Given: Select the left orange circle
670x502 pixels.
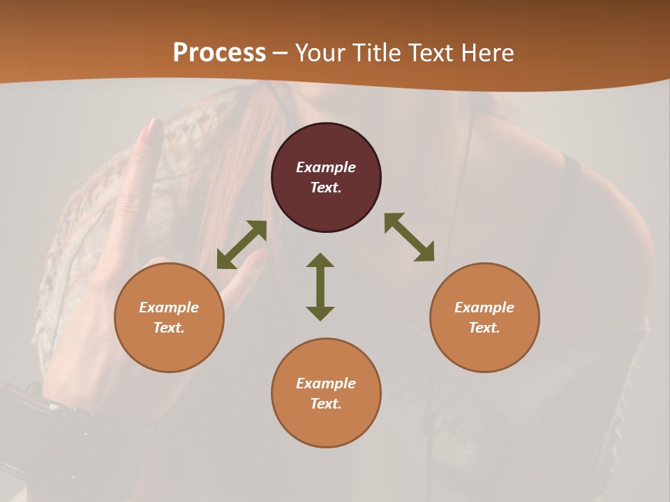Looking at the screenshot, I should (x=169, y=317).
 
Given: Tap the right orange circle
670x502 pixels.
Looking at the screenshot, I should (x=484, y=317).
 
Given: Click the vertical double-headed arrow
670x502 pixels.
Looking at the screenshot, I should (x=320, y=287).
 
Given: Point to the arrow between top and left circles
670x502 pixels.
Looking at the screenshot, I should (x=241, y=245).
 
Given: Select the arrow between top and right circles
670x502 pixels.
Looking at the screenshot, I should (x=409, y=237).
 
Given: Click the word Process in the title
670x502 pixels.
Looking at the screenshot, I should (x=219, y=53).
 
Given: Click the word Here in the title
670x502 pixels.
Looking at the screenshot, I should (x=486, y=53).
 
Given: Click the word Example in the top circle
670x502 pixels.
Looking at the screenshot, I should (x=326, y=167).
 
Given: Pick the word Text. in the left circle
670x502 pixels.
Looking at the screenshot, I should (x=169, y=328).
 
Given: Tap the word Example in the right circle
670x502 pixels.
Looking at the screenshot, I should (x=484, y=307).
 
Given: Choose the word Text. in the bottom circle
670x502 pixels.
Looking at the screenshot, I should (x=326, y=404).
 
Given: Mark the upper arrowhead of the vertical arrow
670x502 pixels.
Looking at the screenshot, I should (x=320, y=260).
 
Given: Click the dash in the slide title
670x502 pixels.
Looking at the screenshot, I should (x=281, y=54).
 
